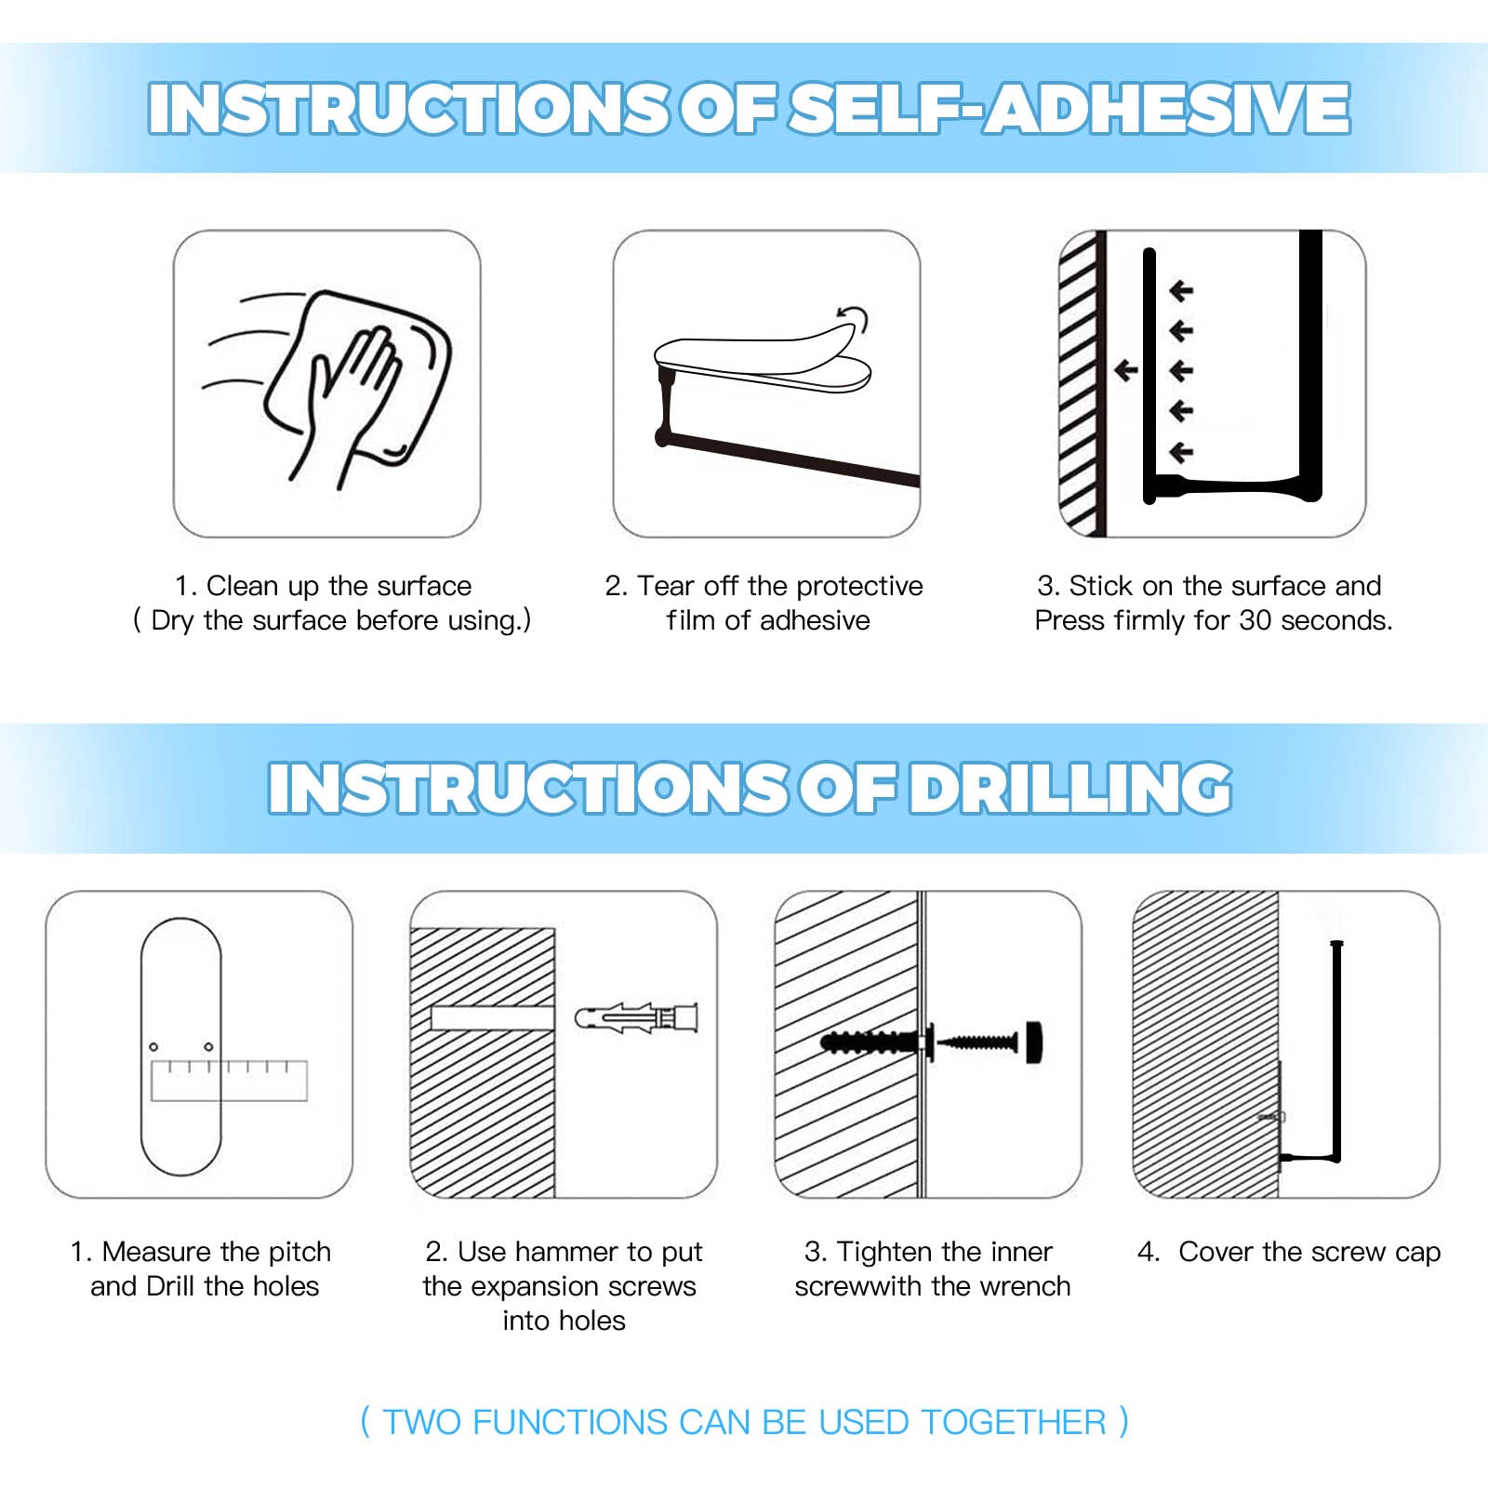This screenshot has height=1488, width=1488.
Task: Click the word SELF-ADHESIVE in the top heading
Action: tap(1069, 108)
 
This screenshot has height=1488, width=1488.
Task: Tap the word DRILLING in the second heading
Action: tap(1070, 788)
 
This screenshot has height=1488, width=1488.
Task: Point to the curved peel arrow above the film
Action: tap(855, 318)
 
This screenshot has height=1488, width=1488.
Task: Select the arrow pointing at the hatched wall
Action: tap(1126, 371)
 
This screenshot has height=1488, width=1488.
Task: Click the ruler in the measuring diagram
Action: tap(229, 1080)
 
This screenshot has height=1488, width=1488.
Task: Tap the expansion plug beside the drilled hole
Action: tap(636, 1017)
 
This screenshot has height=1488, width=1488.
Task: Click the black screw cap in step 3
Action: tap(1034, 1042)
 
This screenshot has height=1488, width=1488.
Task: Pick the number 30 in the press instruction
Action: tap(1255, 620)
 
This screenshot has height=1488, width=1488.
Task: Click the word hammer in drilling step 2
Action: tap(570, 1252)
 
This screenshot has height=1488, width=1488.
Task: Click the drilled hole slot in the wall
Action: tap(493, 1017)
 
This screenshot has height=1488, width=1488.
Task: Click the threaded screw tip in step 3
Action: tap(976, 1042)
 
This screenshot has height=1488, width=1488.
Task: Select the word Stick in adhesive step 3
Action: tap(1101, 586)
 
